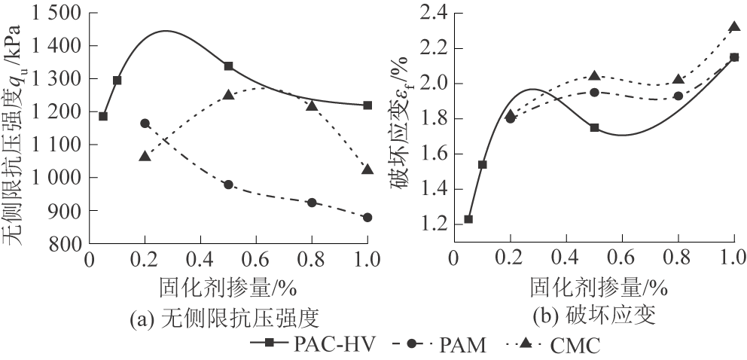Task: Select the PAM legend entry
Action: click(x=441, y=345)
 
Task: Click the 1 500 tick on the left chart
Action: click(x=57, y=13)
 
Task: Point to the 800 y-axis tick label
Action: click(x=66, y=245)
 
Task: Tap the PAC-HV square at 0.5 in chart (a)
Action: click(x=228, y=66)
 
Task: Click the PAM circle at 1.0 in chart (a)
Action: click(x=367, y=218)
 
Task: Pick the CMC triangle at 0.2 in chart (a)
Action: click(x=145, y=156)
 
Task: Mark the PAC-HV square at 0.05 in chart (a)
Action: click(x=103, y=116)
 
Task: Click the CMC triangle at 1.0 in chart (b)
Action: click(x=734, y=27)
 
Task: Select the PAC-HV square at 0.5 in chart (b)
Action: click(x=594, y=128)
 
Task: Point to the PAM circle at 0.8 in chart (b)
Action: click(x=678, y=96)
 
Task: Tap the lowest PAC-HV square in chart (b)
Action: click(x=468, y=219)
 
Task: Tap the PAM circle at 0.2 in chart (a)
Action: click(x=145, y=124)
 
